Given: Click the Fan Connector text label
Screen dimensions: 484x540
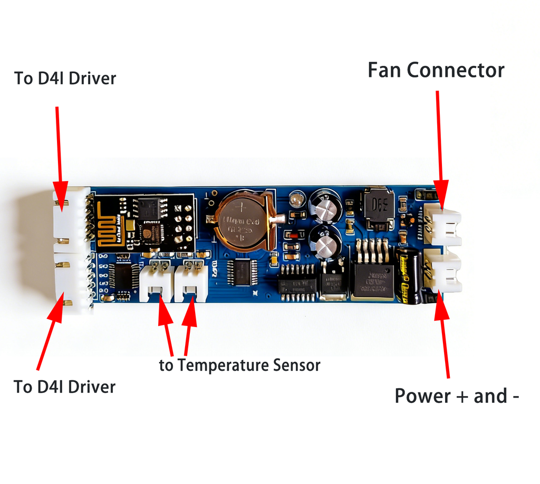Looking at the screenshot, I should pos(436,70).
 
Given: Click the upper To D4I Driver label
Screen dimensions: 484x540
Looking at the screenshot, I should pos(65,78).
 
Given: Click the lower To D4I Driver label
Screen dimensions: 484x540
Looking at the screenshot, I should pos(64,387).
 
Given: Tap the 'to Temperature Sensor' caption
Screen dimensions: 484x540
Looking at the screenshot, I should pos(240,365).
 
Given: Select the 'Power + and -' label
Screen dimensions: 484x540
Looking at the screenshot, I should pos(457,396).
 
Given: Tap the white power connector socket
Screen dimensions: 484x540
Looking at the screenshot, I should pos(445,271).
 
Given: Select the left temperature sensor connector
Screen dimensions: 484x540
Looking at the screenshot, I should pos(157,283).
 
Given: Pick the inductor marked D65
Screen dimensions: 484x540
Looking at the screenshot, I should pos(379,208).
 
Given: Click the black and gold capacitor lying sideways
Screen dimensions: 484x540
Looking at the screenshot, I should pos(409,276).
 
